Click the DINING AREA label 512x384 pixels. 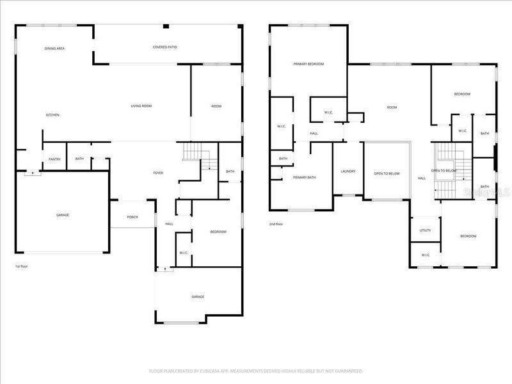click(54, 49)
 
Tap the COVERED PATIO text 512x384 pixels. click(165, 47)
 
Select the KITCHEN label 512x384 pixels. click(52, 115)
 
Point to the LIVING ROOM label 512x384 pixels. click(141, 106)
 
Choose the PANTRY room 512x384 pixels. click(54, 159)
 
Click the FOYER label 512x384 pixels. click(157, 172)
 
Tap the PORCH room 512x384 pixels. click(132, 217)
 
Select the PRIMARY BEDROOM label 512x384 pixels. click(308, 64)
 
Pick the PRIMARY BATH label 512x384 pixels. click(304, 177)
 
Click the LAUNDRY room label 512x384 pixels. click(348, 171)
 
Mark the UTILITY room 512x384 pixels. click(425, 230)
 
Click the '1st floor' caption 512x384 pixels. click(22, 266)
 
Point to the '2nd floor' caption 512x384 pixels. click(276, 224)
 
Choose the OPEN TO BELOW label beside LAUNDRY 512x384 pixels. click(387, 173)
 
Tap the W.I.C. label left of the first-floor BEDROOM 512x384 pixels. click(183, 252)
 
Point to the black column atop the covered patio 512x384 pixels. click(165, 26)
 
